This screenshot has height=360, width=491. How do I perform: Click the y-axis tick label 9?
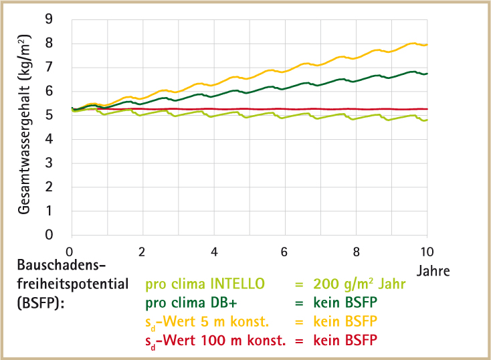point(58,19)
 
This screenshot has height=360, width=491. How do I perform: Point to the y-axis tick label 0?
point(58,235)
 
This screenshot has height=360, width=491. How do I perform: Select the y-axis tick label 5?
point(58,115)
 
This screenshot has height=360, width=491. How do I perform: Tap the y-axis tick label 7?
point(58,68)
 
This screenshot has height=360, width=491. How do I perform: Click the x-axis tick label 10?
point(426,252)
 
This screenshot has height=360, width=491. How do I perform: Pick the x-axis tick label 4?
point(213,252)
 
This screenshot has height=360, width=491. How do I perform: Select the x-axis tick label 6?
point(284,252)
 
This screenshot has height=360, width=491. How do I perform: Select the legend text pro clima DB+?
point(193,302)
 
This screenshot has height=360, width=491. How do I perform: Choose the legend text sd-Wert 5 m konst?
point(207,321)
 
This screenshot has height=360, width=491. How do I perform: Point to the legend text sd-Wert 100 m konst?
point(215,340)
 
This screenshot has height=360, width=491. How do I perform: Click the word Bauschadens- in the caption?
point(58,264)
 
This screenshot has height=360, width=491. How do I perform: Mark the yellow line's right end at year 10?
point(427,45)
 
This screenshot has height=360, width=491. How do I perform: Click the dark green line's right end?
point(427,74)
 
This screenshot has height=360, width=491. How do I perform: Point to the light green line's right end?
point(427,120)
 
